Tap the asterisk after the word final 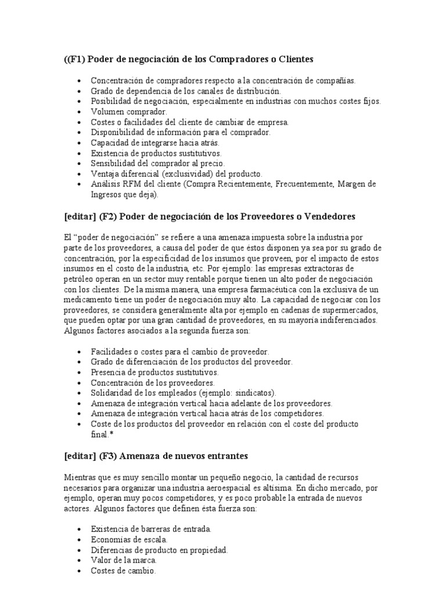112,435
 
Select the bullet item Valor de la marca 124,561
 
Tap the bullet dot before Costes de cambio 78,572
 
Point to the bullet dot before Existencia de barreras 78,530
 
